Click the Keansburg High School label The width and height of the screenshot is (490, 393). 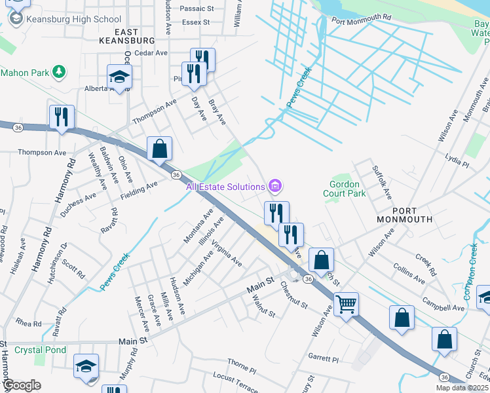[x=73, y=19]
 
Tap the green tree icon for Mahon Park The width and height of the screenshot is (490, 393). [x=59, y=70]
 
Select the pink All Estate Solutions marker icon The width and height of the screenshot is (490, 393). [x=276, y=187]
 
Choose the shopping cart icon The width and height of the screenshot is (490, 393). [x=345, y=303]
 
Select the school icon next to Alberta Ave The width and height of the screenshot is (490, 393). [x=119, y=77]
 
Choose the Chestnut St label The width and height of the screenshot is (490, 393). [x=293, y=294]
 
